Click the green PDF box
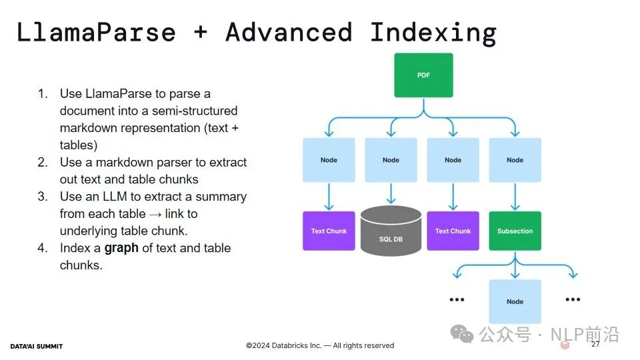tap(423, 75)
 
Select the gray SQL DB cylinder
tap(391, 231)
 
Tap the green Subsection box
tap(515, 231)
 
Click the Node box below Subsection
tap(515, 301)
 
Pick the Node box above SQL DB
tap(391, 160)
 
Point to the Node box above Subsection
tap(515, 160)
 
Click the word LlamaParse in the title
tap(96, 32)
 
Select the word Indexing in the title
tap(433, 33)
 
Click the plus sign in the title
tap(201, 31)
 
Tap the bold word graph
tap(121, 248)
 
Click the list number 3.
tap(43, 197)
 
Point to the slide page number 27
tap(595, 344)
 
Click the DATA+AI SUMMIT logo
tap(36, 346)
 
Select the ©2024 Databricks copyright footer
tap(320, 345)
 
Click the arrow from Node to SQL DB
tap(391, 193)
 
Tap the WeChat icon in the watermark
tap(461, 334)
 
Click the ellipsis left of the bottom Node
tap(457, 299)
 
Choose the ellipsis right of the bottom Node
tap(573, 299)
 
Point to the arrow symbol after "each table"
tap(155, 214)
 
